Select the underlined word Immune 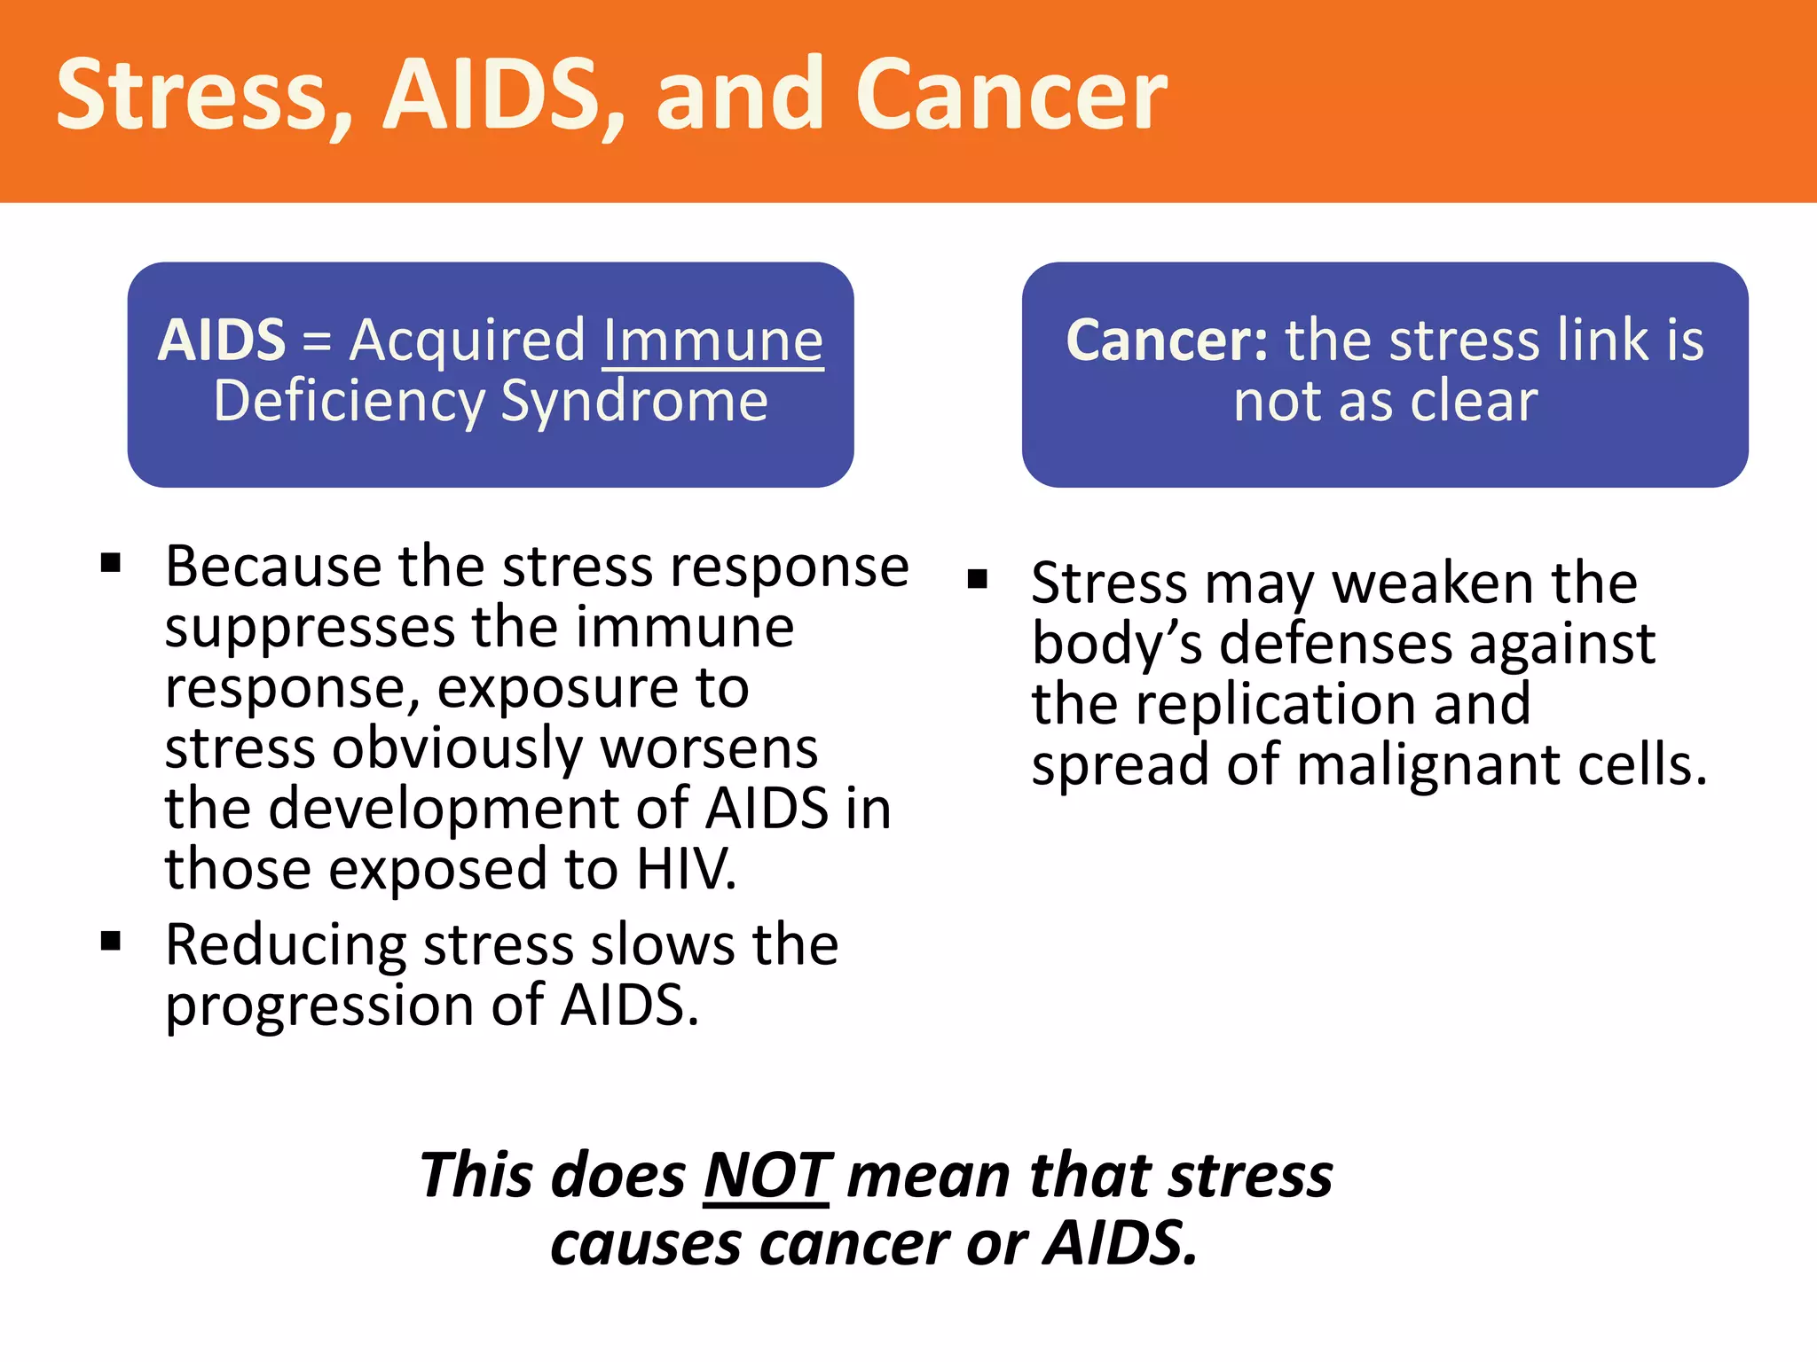point(712,340)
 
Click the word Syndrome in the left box point(634,401)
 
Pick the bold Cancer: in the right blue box point(1168,340)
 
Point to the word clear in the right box point(1474,401)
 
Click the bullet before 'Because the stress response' point(111,563)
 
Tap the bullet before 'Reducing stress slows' point(111,941)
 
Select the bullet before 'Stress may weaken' point(978,580)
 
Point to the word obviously point(457,748)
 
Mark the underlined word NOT point(767,1176)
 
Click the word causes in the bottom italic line point(645,1244)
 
